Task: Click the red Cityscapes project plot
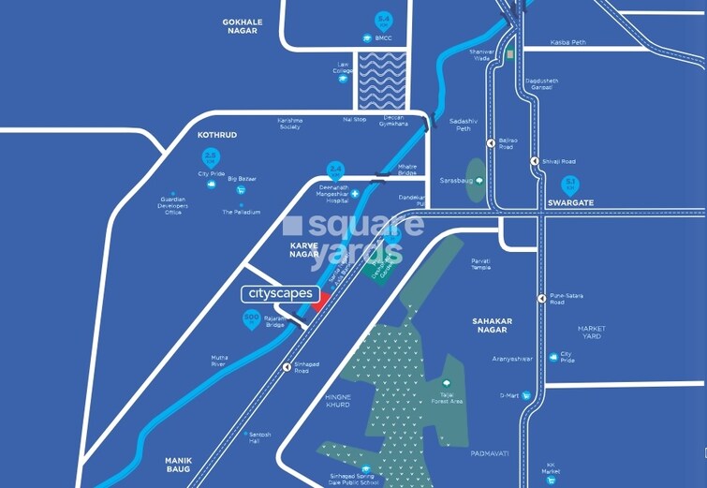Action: point(317,301)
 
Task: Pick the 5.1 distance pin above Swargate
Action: point(568,185)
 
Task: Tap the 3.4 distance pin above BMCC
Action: point(383,21)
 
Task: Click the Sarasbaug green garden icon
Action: point(479,179)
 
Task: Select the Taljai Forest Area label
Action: point(447,398)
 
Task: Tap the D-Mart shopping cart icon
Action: point(527,396)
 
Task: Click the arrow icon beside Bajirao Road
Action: point(490,143)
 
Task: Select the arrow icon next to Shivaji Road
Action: point(534,161)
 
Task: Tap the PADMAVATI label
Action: point(490,453)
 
